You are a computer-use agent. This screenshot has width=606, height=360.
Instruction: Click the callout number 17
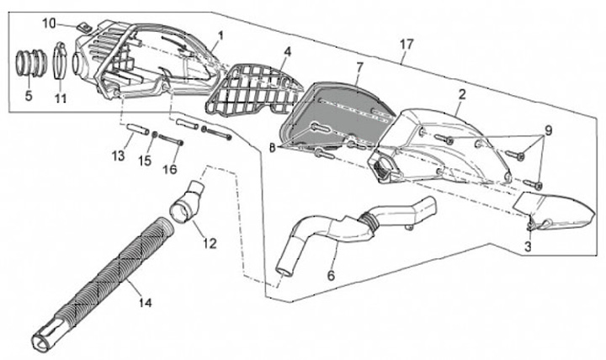click(407, 43)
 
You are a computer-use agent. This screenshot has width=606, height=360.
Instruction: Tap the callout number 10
click(48, 21)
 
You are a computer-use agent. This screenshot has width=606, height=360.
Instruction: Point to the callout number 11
click(60, 98)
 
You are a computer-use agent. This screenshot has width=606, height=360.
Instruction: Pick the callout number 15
click(144, 160)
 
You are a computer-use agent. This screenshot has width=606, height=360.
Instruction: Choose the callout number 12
click(210, 243)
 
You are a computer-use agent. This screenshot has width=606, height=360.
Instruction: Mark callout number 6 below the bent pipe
click(331, 275)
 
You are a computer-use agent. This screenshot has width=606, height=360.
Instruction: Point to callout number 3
click(528, 246)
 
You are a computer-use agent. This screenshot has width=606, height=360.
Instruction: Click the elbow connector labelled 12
click(187, 203)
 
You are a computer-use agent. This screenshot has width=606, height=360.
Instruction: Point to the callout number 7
click(359, 66)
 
